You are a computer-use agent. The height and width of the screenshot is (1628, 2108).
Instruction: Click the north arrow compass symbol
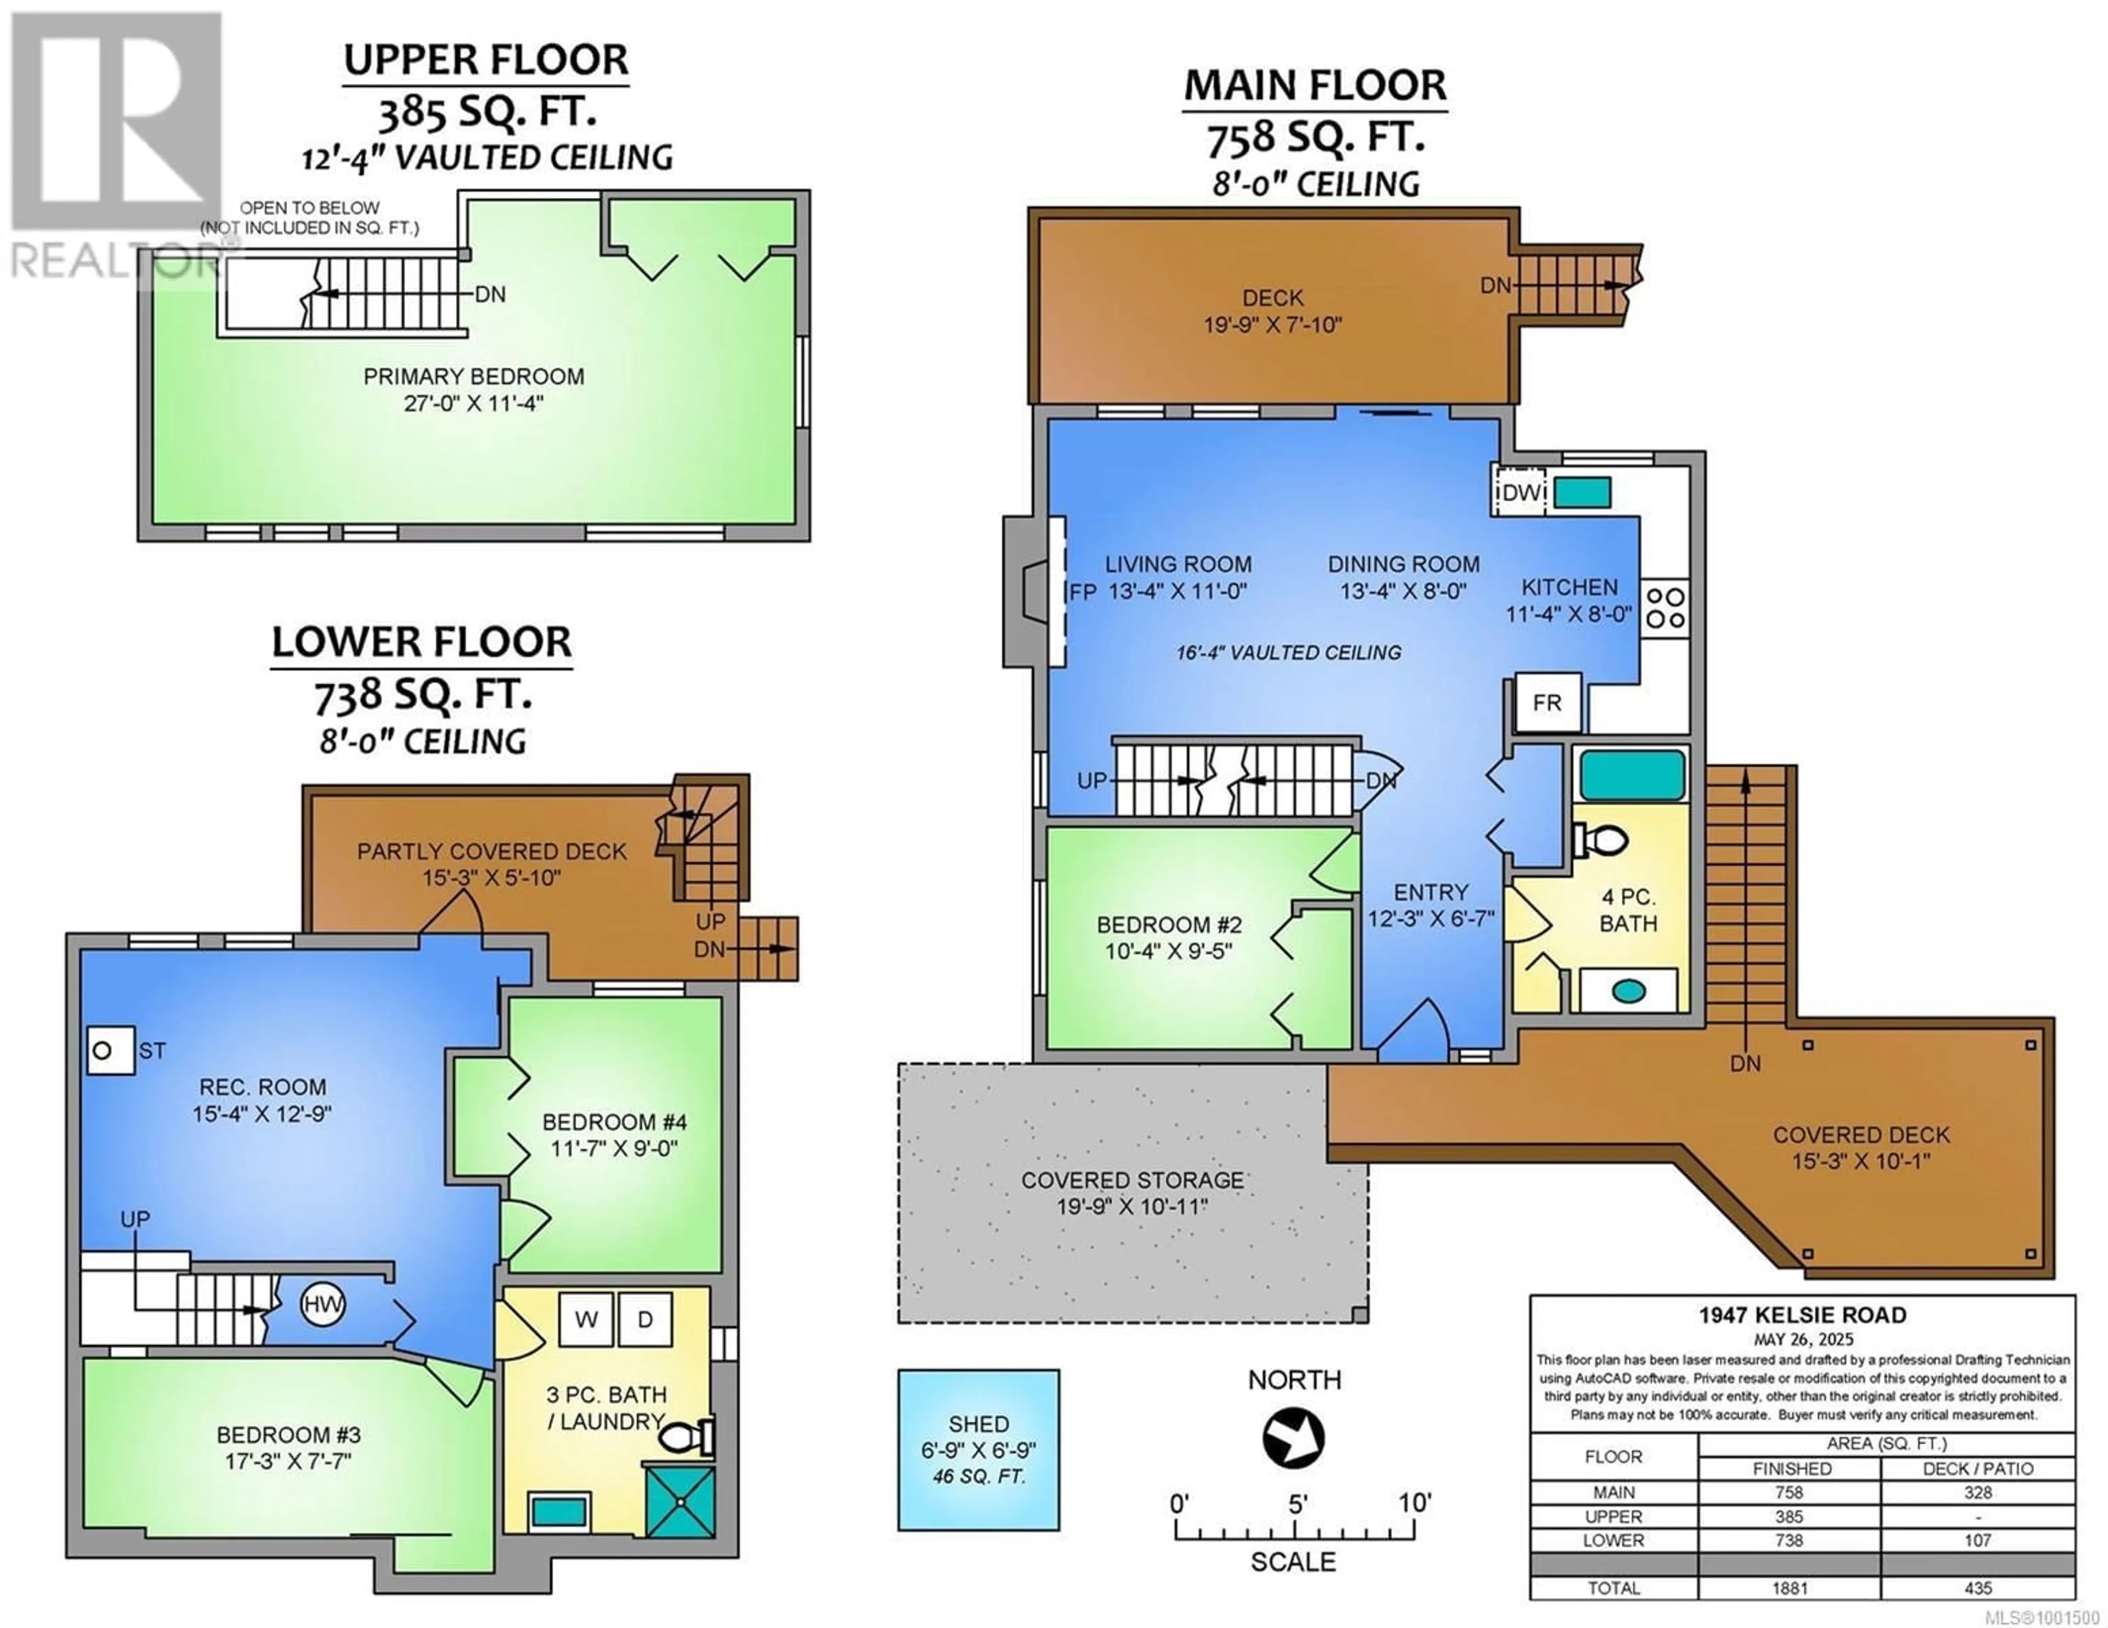pyautogui.click(x=1293, y=1438)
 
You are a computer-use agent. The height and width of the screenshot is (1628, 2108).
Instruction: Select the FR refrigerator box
pyautogui.click(x=1547, y=702)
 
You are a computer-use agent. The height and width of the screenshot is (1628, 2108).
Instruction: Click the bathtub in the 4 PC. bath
pyautogui.click(x=1631, y=775)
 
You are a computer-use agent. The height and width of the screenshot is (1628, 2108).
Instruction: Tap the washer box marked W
pyautogui.click(x=586, y=1319)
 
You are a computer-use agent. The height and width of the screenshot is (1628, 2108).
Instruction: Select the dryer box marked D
pyautogui.click(x=646, y=1319)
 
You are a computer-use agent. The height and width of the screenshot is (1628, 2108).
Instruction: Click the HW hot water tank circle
pyautogui.click(x=322, y=1305)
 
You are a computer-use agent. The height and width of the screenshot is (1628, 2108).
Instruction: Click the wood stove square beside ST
pyautogui.click(x=110, y=1050)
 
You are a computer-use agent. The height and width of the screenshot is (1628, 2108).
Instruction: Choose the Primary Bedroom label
pyautogui.click(x=474, y=376)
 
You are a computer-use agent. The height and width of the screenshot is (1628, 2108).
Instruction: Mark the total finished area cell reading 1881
pyautogui.click(x=1790, y=1587)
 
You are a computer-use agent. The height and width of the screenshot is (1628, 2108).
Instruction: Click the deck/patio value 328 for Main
pyautogui.click(x=1978, y=1492)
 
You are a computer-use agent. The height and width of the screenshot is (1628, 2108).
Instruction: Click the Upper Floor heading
pyautogui.click(x=486, y=60)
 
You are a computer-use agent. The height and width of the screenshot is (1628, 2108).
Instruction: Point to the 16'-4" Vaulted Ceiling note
pyautogui.click(x=1288, y=652)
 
